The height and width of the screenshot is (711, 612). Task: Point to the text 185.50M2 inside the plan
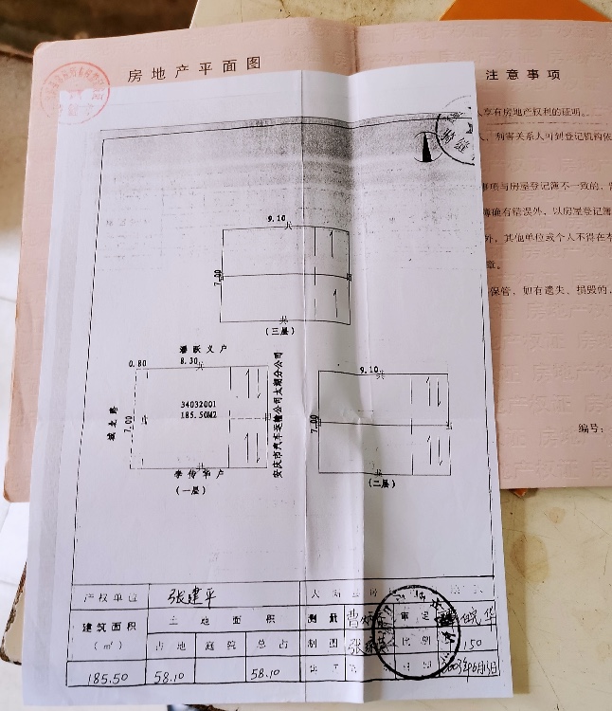point(199,415)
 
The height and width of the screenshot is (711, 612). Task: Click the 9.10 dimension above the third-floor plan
point(278,219)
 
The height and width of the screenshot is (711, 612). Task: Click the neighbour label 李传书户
point(197,472)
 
